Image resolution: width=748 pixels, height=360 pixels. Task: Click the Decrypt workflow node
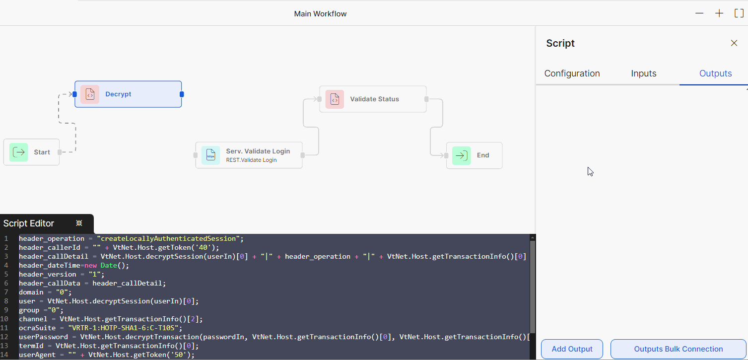pos(128,94)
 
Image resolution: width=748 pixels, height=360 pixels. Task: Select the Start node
pos(31,152)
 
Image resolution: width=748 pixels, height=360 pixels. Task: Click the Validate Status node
pos(373,99)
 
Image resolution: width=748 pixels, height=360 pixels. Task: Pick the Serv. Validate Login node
pos(249,155)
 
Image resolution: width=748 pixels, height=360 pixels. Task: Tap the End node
pos(474,155)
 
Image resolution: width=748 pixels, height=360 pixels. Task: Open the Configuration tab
pos(572,73)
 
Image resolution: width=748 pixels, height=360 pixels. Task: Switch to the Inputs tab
pos(644,73)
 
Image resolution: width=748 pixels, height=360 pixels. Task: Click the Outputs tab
pos(715,73)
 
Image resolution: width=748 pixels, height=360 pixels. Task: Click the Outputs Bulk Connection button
pos(678,349)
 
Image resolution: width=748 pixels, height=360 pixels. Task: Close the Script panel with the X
pos(734,43)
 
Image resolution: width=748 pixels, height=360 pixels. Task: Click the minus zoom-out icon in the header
pos(699,13)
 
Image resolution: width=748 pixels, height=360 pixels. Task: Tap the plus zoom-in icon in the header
pos(719,13)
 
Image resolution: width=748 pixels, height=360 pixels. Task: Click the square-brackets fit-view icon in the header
pos(739,13)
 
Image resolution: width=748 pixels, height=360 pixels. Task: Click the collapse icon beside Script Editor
pos(79,223)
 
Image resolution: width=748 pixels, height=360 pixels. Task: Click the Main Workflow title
pos(320,14)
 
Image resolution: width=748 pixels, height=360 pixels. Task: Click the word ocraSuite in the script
pos(37,328)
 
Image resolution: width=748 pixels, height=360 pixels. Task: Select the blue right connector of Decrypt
pos(182,94)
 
